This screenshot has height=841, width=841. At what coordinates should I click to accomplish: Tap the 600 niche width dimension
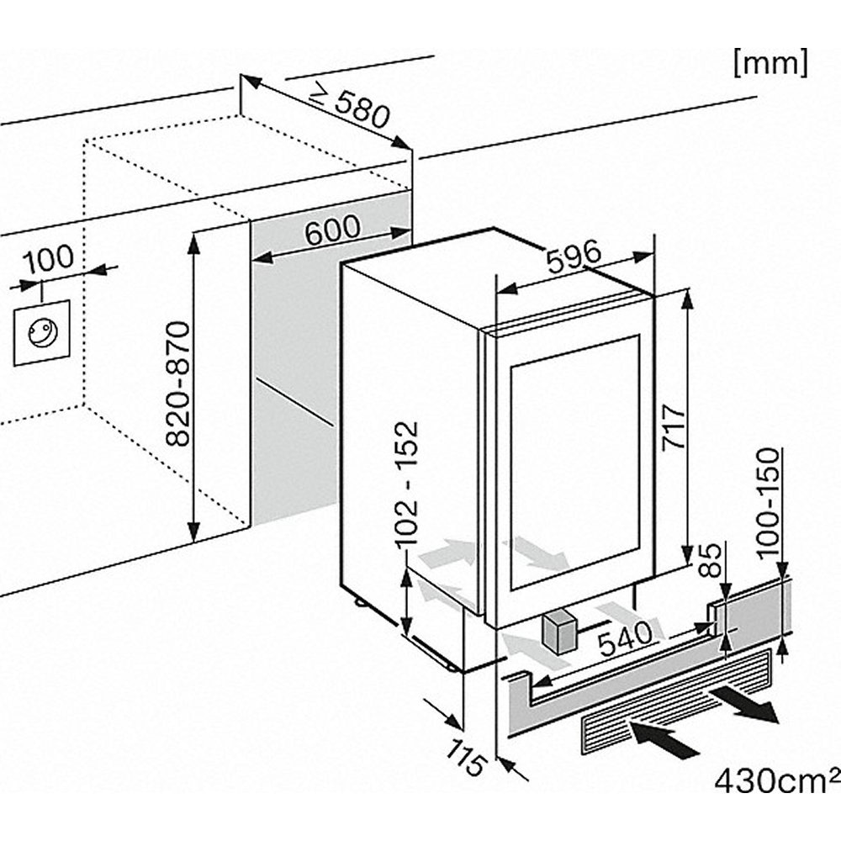pos(331,230)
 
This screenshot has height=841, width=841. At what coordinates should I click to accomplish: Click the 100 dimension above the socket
pos(48,258)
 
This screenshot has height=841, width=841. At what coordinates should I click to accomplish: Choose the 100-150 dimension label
pos(770,505)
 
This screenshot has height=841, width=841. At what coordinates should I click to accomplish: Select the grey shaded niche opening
pos(294,370)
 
